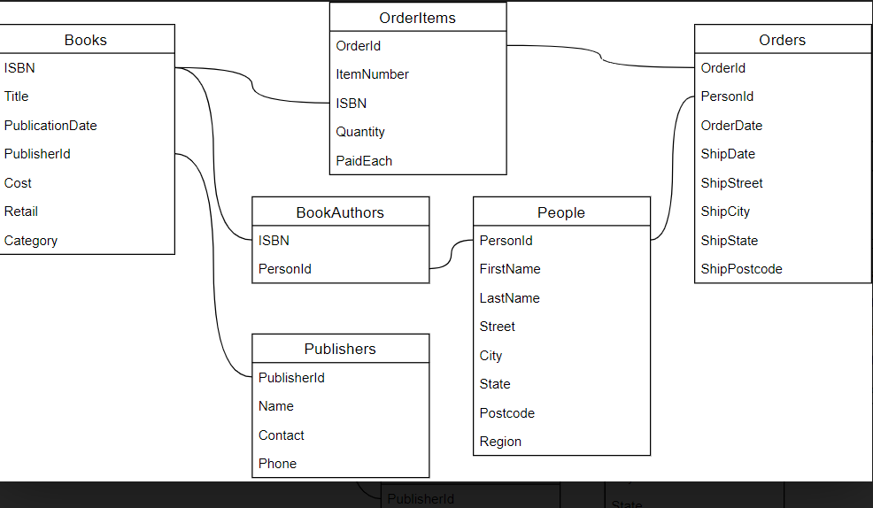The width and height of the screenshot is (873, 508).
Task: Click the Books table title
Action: pyautogui.click(x=86, y=40)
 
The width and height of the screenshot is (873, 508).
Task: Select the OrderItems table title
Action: pyautogui.click(x=417, y=18)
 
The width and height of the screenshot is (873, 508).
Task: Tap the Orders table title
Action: pyautogui.click(x=783, y=40)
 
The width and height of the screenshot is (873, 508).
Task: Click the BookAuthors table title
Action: pyautogui.click(x=340, y=212)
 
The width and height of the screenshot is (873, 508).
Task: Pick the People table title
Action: pyautogui.click(x=561, y=212)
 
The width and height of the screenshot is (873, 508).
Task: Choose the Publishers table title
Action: pyautogui.click(x=340, y=349)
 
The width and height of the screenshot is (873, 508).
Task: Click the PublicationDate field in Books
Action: pyautogui.click(x=50, y=126)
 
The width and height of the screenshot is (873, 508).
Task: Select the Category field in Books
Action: pyautogui.click(x=31, y=241)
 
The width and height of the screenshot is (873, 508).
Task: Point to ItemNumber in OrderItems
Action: pyautogui.click(x=373, y=74)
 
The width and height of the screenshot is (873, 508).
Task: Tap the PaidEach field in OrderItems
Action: pyautogui.click(x=364, y=161)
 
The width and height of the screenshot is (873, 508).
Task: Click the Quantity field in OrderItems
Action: pyautogui.click(x=360, y=132)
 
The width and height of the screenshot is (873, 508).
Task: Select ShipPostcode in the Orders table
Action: pyautogui.click(x=742, y=269)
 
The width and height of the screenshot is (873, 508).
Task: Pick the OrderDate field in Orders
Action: pyautogui.click(x=731, y=126)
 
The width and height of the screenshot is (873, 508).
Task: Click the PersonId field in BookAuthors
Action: pyautogui.click(x=285, y=269)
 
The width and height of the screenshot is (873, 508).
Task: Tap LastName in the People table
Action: pyautogui.click(x=510, y=298)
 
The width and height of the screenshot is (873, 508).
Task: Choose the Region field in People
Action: pyautogui.click(x=501, y=442)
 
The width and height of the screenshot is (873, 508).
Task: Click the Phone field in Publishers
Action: pyautogui.click(x=278, y=464)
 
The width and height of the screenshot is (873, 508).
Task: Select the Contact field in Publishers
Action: pyautogui.click(x=282, y=435)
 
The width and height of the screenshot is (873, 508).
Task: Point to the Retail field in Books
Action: pyautogui.click(x=21, y=212)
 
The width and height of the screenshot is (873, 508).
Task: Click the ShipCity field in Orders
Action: pyautogui.click(x=726, y=212)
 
